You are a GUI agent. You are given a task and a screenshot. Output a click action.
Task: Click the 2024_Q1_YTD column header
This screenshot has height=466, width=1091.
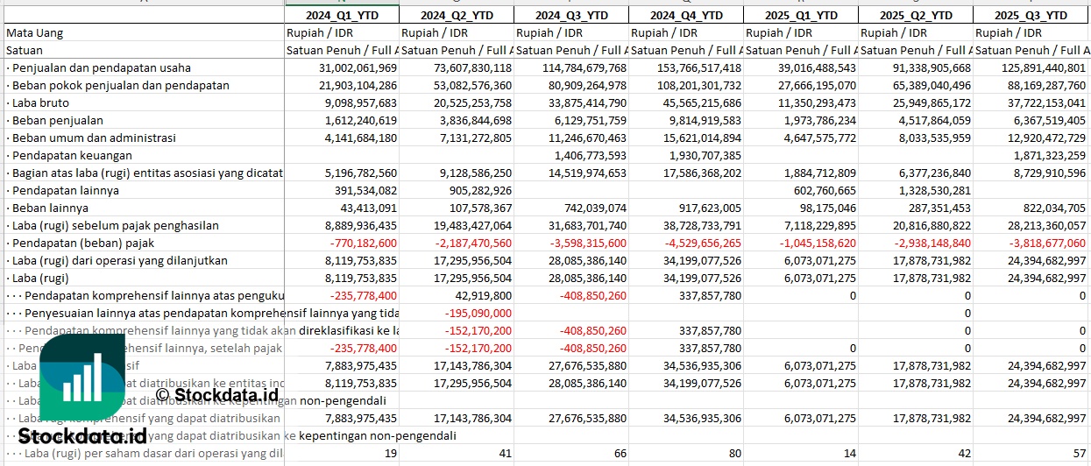[341, 16]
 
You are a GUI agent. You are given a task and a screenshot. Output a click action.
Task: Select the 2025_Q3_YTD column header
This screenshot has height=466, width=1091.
[1032, 16]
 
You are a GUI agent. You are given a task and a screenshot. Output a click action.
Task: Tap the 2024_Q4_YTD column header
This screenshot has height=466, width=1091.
[686, 16]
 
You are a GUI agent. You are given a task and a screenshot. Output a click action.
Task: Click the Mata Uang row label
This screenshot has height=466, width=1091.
[35, 32]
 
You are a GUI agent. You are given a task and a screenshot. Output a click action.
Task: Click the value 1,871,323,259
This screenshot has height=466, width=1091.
[1040, 155]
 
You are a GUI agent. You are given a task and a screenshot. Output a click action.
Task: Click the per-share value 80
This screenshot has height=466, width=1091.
[733, 453]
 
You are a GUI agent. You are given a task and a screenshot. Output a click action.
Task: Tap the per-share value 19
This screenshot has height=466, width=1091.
[390, 453]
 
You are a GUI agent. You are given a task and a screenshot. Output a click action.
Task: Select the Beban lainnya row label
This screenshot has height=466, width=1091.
[51, 208]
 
